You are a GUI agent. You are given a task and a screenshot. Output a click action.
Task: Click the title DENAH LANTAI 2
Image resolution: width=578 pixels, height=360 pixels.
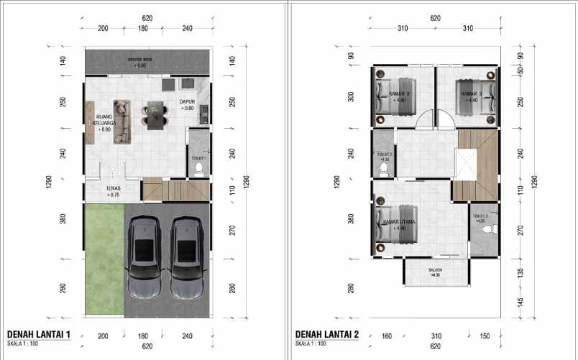[325, 335]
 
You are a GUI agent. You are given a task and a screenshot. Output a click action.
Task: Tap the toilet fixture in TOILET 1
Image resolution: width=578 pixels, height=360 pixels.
[199, 168]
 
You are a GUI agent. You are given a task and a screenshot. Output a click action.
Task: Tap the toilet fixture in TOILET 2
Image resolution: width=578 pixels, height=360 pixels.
[383, 170]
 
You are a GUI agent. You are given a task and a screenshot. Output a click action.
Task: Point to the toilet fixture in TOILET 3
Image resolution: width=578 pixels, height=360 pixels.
[489, 229]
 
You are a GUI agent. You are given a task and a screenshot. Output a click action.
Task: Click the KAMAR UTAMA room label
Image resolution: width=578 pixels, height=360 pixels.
[400, 222]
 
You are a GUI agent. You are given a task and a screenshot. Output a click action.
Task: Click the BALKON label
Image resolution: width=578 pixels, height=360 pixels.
[435, 272]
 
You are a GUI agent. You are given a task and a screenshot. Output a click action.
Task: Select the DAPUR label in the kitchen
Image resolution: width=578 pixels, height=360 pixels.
[188, 103]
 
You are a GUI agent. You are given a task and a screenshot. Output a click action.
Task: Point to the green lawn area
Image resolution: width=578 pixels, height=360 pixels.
[104, 259]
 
